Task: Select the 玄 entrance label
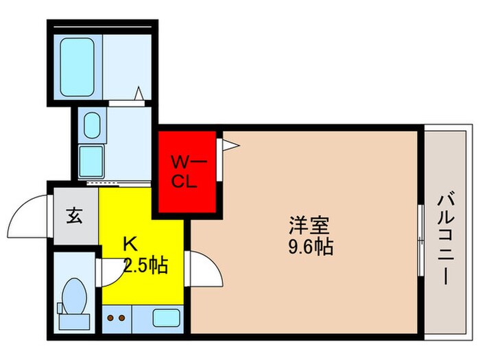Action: [x=73, y=216]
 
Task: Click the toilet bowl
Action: [x=71, y=296]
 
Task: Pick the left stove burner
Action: [x=110, y=317]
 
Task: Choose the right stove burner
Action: [x=121, y=317]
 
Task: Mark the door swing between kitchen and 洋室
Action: [x=206, y=271]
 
